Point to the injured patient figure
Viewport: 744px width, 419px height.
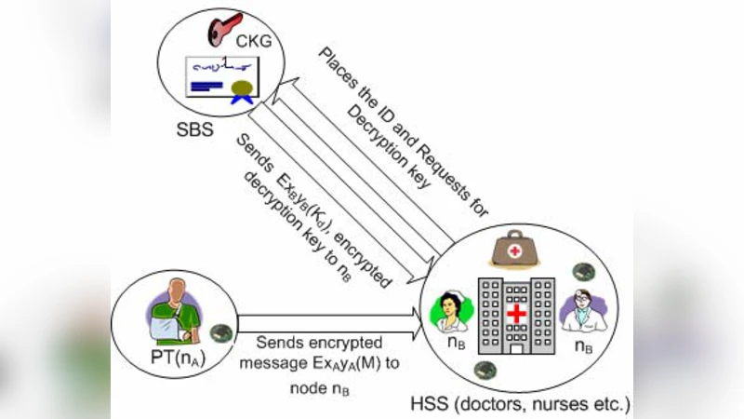pyautogui.click(x=177, y=312)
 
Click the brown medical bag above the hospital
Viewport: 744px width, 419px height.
pyautogui.click(x=516, y=249)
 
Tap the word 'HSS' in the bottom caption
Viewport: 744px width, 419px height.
pyautogui.click(x=428, y=405)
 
